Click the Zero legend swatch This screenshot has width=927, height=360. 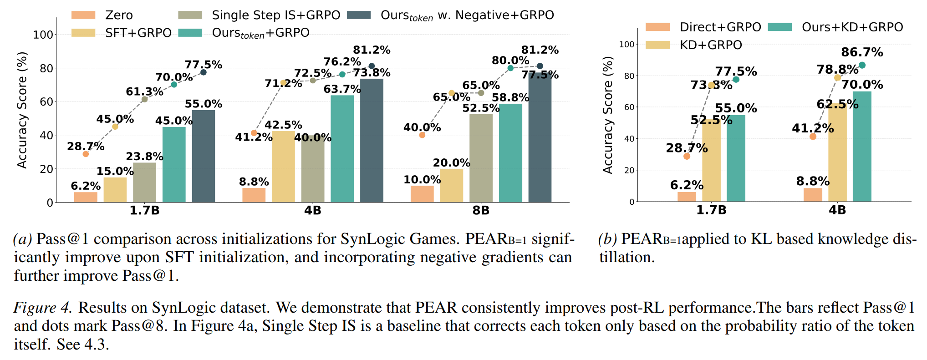[83, 15]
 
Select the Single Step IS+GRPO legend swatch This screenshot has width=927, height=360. [190, 15]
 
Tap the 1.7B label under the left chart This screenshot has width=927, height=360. [144, 210]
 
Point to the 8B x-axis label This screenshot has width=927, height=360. [481, 210]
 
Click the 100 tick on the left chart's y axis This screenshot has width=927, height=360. [43, 35]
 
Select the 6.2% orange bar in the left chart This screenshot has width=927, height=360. [86, 197]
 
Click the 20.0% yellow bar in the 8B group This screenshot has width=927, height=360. [452, 186]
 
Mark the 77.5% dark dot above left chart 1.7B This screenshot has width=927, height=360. [204, 72]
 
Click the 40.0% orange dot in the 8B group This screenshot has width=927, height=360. [422, 135]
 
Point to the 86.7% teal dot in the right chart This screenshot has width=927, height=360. [862, 66]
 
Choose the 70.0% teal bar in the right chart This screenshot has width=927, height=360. [862, 147]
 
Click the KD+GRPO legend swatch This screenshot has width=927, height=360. [658, 45]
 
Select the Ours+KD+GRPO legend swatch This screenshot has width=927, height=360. [780, 27]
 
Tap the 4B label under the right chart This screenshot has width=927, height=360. [837, 210]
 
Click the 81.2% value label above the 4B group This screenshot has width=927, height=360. [372, 50]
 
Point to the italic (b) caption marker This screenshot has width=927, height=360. [607, 239]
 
